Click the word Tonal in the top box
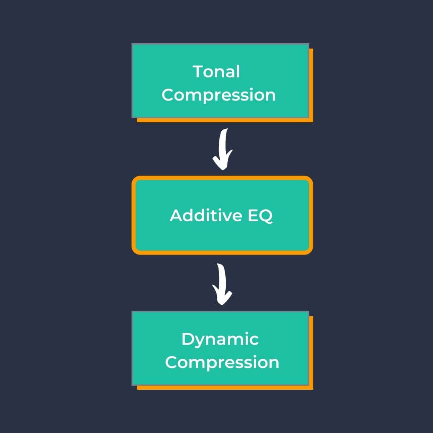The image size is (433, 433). click(x=216, y=72)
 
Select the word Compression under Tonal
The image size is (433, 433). click(x=219, y=95)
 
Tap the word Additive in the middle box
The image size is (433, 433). click(x=206, y=215)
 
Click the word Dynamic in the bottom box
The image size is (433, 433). click(x=220, y=340)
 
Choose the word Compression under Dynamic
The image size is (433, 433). click(x=222, y=362)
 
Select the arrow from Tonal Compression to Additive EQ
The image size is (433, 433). click(x=223, y=148)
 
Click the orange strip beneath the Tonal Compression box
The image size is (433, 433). click(x=225, y=120)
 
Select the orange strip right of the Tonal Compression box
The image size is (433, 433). click(x=311, y=84)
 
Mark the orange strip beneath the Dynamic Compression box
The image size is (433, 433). click(x=225, y=387)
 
